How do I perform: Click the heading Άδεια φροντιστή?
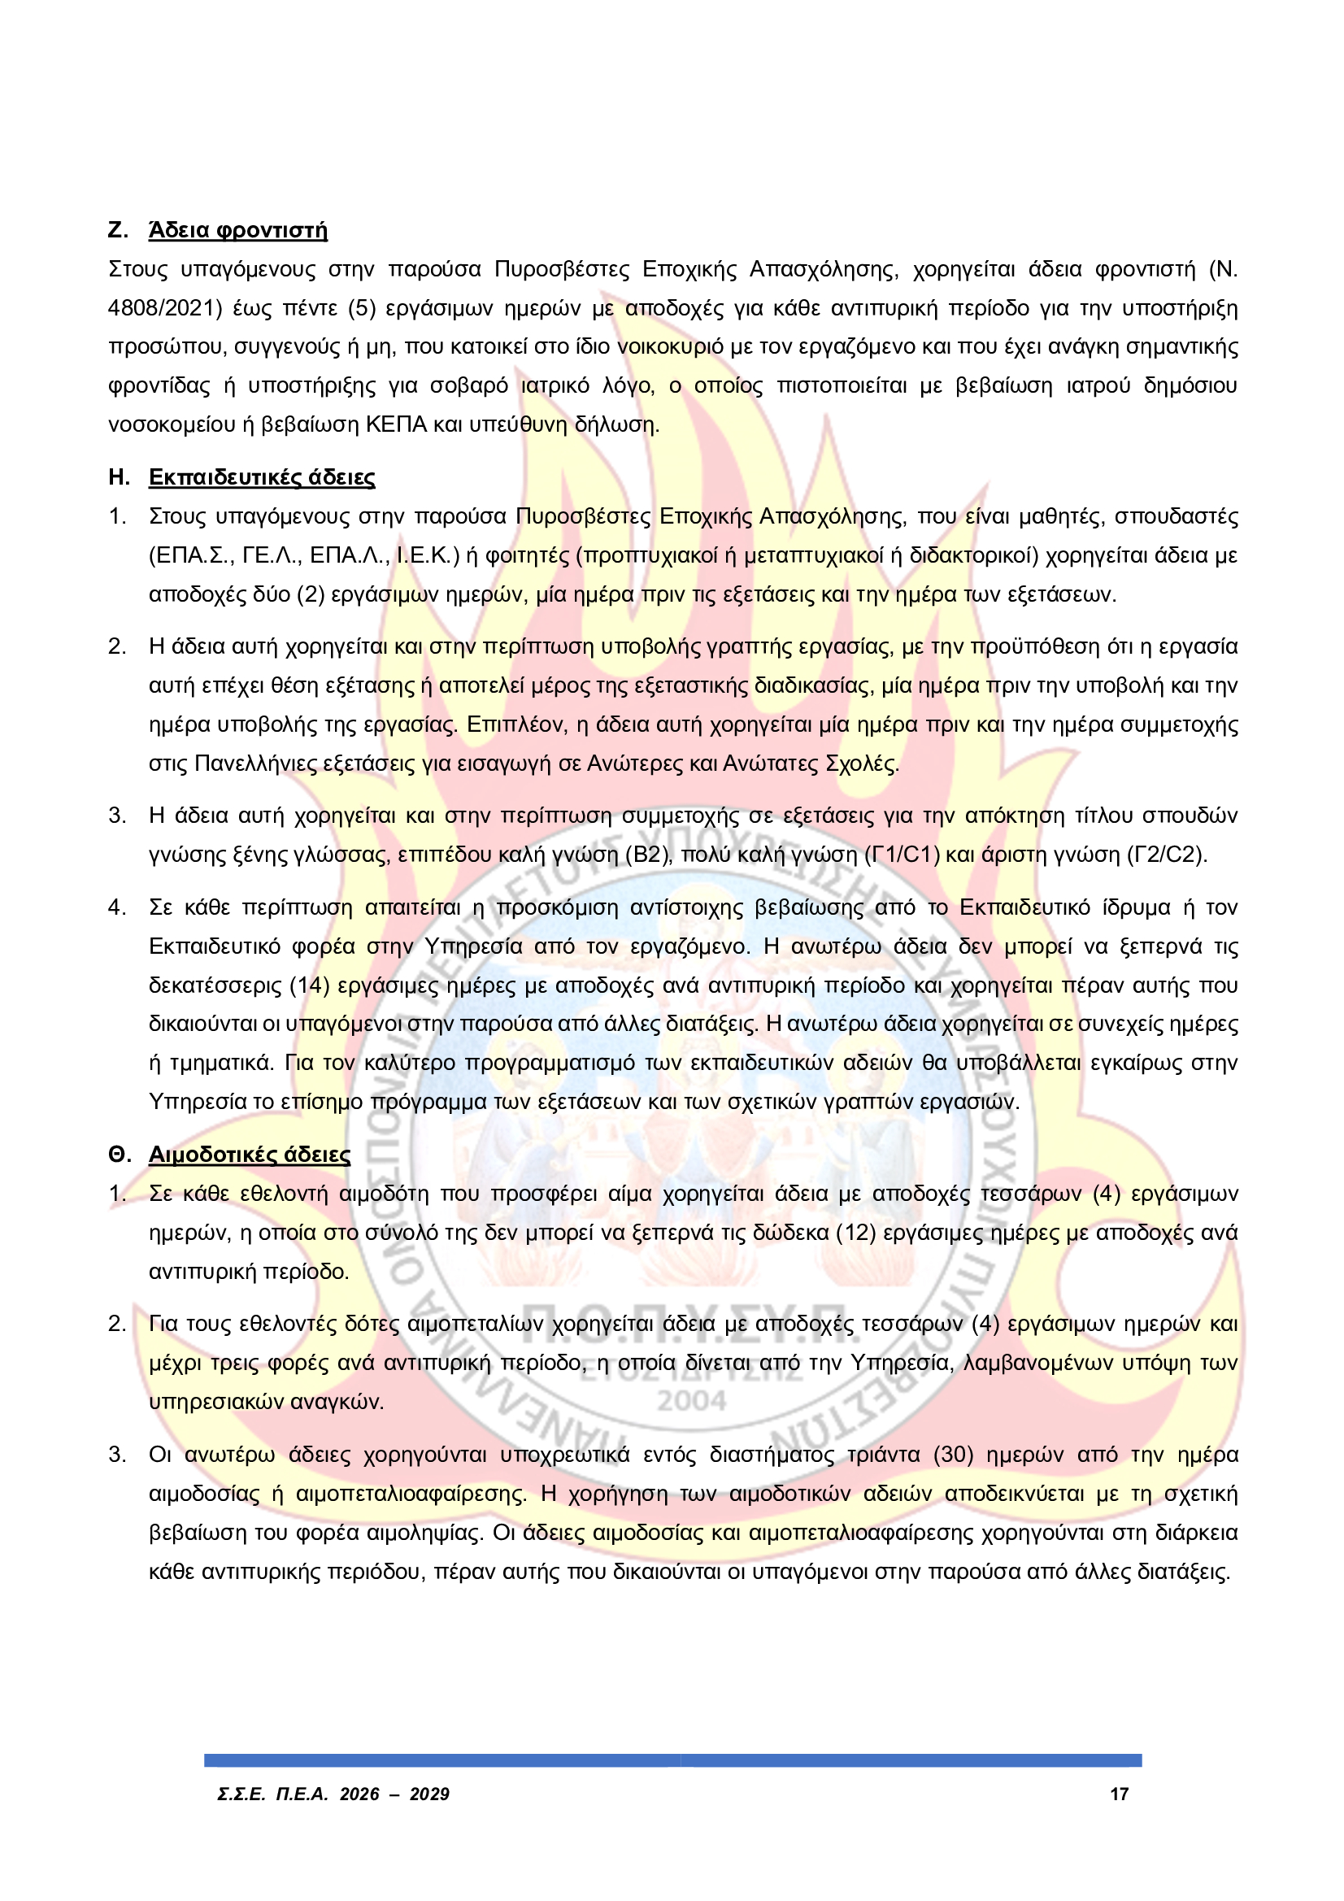[x=237, y=230]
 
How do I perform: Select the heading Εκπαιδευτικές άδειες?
[x=262, y=478]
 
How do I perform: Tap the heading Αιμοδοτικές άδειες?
[x=250, y=1155]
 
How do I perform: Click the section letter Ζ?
[x=118, y=230]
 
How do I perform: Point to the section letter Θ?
[x=120, y=1155]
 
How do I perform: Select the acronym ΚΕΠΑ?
[x=396, y=425]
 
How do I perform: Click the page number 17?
[x=1119, y=1794]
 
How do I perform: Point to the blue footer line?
[x=672, y=1760]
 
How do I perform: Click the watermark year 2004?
[x=691, y=1402]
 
